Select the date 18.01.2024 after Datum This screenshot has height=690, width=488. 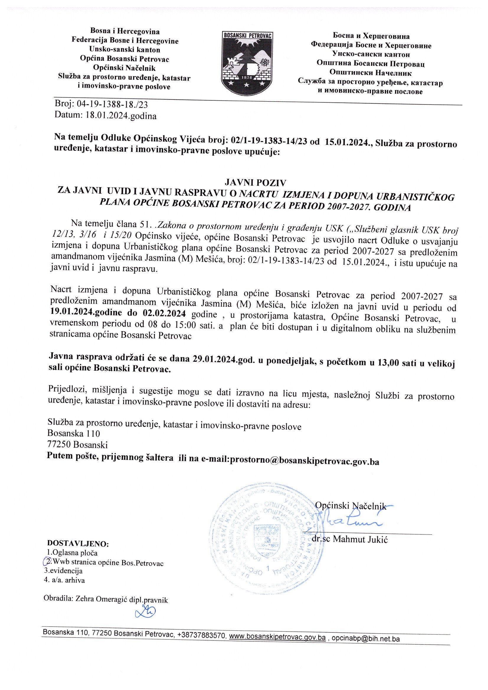107,116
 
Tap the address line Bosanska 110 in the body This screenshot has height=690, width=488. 74,433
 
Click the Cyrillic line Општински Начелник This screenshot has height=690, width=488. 371,72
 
